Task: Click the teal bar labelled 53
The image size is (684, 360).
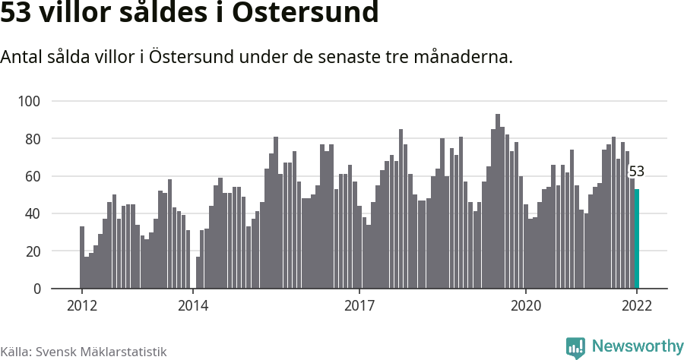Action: click(x=637, y=238)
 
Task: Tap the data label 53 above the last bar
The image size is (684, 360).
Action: click(x=637, y=172)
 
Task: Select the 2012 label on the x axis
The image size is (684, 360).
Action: click(x=81, y=305)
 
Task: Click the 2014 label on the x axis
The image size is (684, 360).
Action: click(x=193, y=305)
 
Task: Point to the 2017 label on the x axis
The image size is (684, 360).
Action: click(x=359, y=305)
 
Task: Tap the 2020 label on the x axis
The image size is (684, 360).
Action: click(x=526, y=305)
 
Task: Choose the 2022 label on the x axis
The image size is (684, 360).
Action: click(x=637, y=305)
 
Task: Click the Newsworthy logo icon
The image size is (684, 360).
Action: click(x=575, y=347)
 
